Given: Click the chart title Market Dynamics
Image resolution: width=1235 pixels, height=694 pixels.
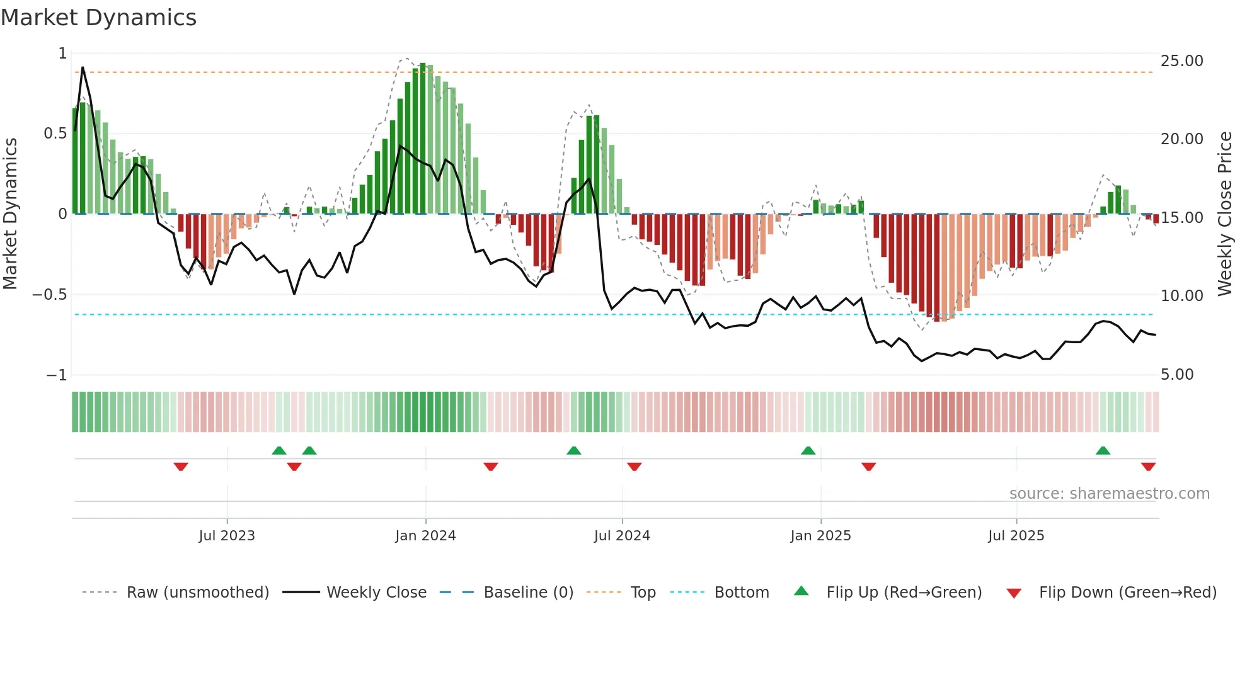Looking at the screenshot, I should (99, 18).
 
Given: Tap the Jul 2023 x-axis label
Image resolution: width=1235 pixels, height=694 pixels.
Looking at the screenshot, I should (227, 536).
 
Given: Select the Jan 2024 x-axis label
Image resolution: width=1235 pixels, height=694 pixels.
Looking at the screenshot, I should (425, 536).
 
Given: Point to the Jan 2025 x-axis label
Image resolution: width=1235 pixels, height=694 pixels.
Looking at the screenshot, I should (820, 536).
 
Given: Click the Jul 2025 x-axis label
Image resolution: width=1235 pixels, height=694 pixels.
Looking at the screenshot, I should (1016, 536).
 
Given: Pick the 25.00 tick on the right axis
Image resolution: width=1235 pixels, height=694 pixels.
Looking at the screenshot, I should (1181, 61).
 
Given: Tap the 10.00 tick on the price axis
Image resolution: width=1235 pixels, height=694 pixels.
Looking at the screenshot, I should (1181, 296).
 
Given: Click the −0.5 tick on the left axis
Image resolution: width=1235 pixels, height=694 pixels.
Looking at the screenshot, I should (50, 295).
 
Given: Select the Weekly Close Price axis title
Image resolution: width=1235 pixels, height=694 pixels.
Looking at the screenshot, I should (1224, 214).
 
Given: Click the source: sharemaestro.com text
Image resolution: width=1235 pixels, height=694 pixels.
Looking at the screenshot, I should (1109, 494).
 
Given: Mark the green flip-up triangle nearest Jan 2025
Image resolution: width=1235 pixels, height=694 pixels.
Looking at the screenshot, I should (808, 450).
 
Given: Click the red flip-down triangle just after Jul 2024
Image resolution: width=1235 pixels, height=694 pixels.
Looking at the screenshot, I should (635, 467).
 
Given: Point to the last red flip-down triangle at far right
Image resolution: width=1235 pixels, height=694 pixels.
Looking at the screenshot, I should (1148, 467).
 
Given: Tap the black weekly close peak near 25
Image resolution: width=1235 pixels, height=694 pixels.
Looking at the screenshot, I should (83, 68).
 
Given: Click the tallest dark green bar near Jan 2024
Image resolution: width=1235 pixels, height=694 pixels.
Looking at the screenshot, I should (423, 139).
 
